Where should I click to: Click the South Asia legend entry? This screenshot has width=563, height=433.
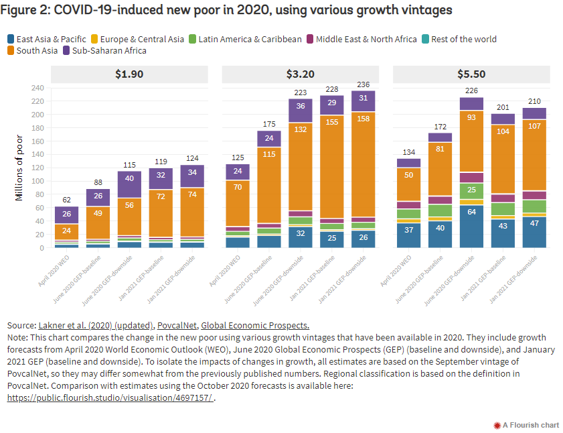tap(31, 50)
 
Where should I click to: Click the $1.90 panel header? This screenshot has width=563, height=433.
tap(129, 74)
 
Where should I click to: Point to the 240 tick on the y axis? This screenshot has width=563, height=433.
tap(38, 88)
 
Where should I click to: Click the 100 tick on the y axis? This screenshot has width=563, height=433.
tap(38, 181)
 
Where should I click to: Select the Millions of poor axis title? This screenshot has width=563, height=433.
tap(21, 168)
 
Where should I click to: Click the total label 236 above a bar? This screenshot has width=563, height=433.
tap(364, 84)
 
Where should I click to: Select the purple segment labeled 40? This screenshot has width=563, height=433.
tap(129, 178)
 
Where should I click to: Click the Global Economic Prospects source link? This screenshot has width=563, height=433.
tap(255, 325)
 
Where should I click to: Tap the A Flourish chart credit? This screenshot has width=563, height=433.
tap(526, 424)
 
